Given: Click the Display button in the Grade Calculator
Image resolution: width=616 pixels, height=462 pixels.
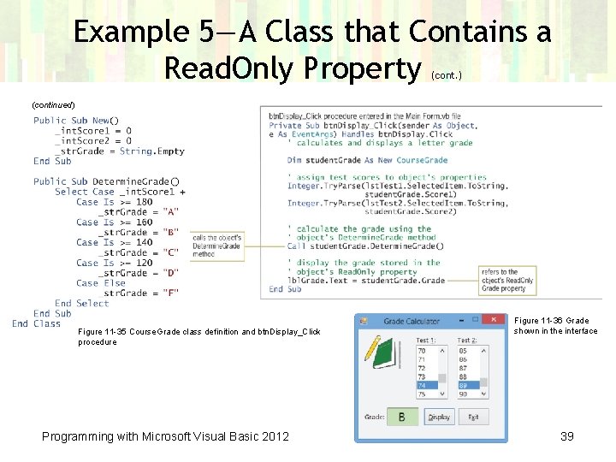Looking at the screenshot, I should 439,418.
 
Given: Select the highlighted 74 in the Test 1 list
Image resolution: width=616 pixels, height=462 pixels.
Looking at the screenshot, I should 426,386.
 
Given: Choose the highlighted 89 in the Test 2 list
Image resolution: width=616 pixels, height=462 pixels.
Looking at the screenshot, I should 467,386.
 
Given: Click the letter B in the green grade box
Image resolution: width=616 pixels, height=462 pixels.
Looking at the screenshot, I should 402,418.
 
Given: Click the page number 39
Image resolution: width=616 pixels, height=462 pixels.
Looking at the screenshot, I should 566,436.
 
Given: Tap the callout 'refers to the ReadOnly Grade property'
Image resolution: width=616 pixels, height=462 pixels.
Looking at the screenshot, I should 506,280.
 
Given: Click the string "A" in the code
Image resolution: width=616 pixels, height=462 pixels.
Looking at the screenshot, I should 170,212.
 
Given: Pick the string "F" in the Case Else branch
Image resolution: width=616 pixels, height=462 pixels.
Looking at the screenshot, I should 170,293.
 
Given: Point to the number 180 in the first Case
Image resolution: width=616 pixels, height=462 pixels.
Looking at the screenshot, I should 143,202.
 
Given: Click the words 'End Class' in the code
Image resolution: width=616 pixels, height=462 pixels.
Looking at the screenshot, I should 36,323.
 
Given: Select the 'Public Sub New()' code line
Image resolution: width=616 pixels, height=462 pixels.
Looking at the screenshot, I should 76,121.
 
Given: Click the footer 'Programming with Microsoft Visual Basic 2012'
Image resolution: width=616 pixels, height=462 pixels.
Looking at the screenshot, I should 165,436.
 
